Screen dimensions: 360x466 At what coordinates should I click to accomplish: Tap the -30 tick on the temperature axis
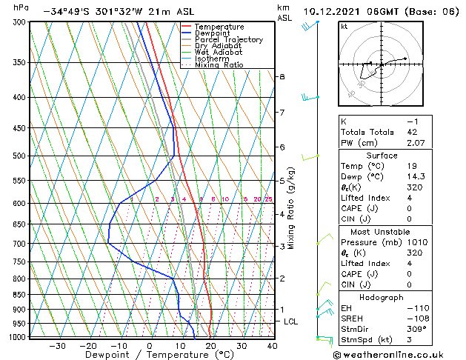pos(57,346)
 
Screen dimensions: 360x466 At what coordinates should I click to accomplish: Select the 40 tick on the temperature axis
pos(273,346)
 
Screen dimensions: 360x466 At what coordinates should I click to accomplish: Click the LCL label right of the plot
pos(291,321)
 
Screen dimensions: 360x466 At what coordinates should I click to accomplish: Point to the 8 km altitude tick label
pos(282,77)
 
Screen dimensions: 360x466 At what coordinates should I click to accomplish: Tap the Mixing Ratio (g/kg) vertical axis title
pos(292,208)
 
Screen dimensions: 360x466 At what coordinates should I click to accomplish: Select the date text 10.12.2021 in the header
pos(333,11)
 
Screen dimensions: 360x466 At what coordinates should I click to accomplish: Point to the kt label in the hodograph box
pos(344,27)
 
